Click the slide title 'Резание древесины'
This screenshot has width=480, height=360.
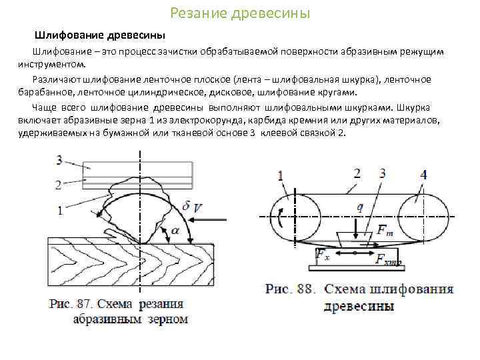pos(240,13)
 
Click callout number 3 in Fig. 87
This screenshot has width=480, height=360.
pos(59,160)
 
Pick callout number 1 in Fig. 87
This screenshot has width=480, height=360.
pos(61,211)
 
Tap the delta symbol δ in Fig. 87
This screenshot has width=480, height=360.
pos(185,206)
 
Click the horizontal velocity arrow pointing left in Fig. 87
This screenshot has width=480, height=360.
pos(209,218)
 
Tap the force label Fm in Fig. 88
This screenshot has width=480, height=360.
pos(385,231)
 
